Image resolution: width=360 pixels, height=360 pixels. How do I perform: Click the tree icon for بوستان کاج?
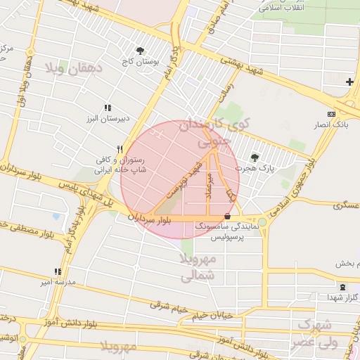(x=141, y=51)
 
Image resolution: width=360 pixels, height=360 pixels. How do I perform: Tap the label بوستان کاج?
(x=141, y=62)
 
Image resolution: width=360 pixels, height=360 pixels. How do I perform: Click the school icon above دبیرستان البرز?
(x=107, y=108)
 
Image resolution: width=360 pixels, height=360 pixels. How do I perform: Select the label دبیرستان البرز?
(x=105, y=119)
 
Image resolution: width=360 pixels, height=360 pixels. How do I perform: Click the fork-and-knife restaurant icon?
(x=120, y=148)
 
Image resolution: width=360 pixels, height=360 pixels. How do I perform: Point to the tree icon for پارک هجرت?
(x=254, y=157)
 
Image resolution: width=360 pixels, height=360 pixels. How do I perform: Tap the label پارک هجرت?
(x=257, y=169)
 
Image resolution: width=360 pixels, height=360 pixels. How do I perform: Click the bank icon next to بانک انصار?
(x=331, y=114)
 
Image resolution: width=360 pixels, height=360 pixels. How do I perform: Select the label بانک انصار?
(x=330, y=125)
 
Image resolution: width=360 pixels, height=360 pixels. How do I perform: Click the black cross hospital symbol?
(x=349, y=82)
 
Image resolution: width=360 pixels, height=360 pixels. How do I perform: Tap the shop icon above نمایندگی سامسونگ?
(x=226, y=217)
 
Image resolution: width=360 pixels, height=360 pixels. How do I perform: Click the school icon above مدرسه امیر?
(x=58, y=271)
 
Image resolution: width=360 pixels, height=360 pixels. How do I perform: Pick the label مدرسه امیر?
(x=57, y=283)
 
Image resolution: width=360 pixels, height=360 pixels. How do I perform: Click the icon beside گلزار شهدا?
(x=342, y=287)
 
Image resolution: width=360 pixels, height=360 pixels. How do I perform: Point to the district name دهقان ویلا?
(x=74, y=68)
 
